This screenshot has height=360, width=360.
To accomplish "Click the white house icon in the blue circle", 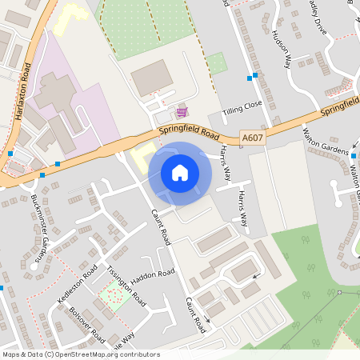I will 180,173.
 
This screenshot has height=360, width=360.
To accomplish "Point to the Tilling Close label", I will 242,105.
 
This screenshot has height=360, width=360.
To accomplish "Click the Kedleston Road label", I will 78,279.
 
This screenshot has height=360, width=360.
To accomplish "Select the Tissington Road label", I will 128,284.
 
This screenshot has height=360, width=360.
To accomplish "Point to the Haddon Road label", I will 152,276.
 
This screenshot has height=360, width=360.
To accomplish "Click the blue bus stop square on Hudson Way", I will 255,77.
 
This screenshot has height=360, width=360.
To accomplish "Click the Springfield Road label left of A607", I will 189,129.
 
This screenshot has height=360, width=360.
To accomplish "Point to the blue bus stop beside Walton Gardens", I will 354,153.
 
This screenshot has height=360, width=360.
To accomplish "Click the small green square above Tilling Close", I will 216,63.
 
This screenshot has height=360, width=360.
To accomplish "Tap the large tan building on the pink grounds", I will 52,92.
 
